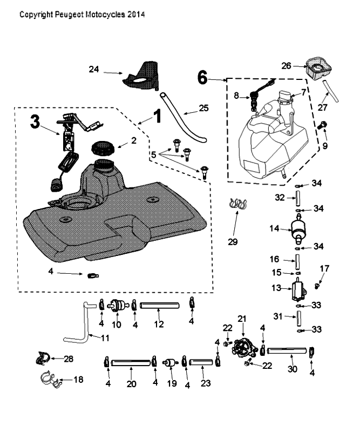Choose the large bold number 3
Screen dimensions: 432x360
click(35, 121)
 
